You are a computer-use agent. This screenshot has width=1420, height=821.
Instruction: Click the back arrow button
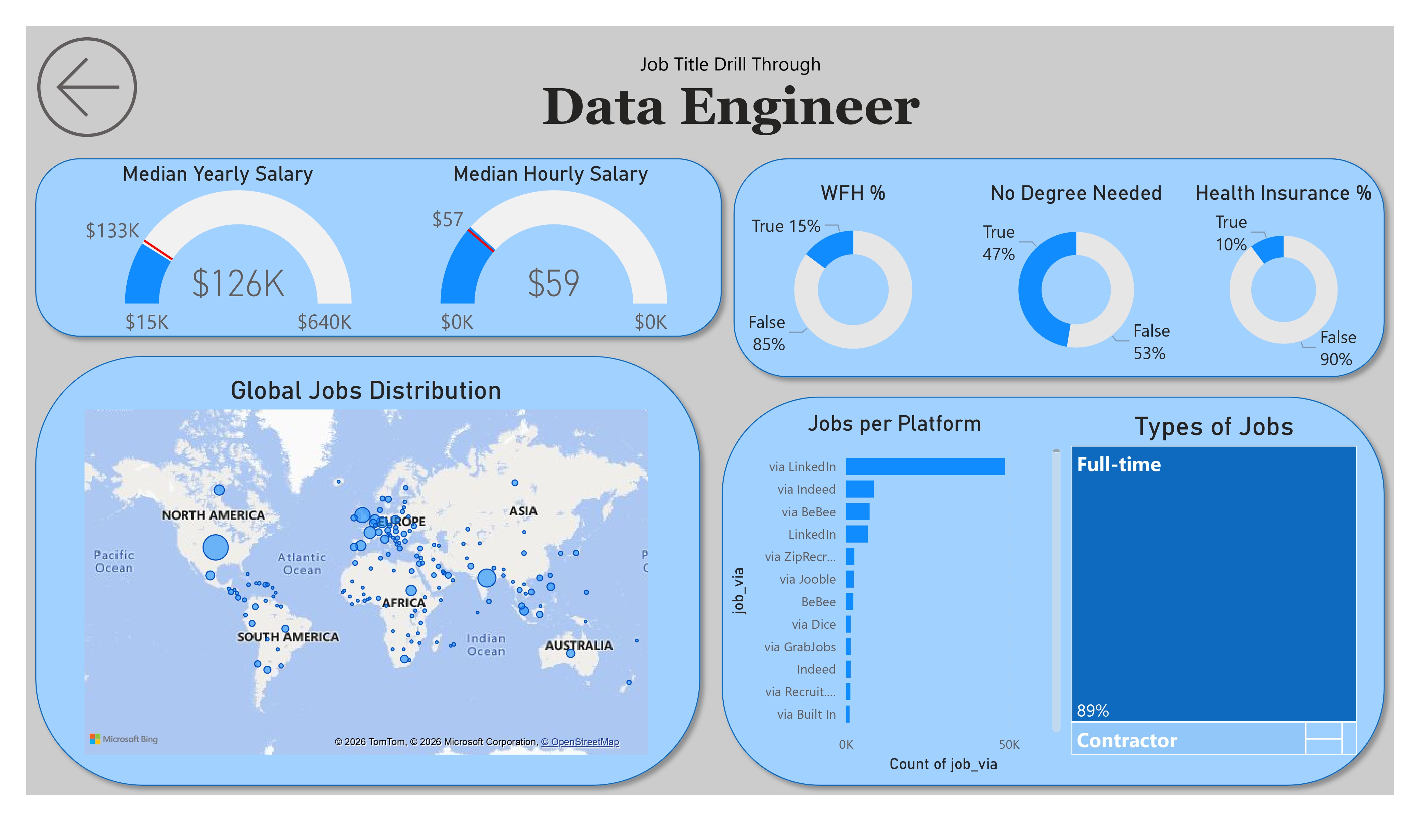(x=87, y=87)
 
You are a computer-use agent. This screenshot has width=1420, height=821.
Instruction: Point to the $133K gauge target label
(x=112, y=231)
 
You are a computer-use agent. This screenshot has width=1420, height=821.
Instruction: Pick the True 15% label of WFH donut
(x=786, y=226)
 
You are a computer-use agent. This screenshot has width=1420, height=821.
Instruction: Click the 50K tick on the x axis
(x=1009, y=744)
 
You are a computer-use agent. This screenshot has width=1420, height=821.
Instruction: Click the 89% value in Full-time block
(x=1092, y=711)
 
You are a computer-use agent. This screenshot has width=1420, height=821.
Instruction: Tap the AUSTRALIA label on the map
(x=578, y=646)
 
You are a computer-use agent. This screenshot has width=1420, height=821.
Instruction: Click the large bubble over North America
(x=215, y=547)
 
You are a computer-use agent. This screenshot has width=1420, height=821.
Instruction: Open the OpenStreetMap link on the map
(x=580, y=742)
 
